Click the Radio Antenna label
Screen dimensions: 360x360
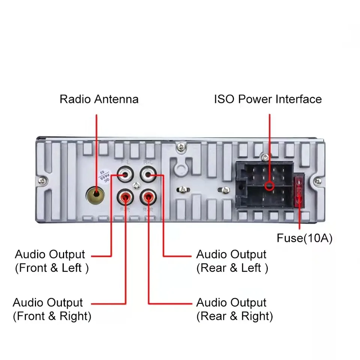[99, 99]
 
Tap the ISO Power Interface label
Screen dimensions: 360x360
[268, 99]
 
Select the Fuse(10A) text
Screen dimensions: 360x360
[304, 238]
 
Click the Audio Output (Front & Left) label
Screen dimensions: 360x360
[51, 261]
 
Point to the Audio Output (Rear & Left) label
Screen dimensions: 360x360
[232, 261]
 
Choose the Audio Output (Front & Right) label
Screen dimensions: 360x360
[52, 309]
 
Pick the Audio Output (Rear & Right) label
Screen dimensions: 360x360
[234, 309]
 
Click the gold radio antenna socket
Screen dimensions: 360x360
[96, 194]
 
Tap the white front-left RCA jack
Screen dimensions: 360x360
[124, 174]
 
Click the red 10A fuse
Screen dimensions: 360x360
[299, 192]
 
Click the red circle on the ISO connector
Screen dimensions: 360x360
[268, 186]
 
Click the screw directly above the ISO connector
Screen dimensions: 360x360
[265, 156]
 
